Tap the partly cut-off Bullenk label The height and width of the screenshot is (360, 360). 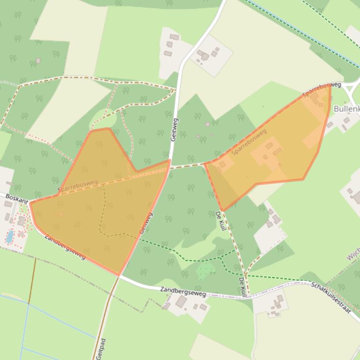(346, 109)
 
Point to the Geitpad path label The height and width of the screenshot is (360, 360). (100, 348)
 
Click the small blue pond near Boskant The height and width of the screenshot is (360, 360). (9, 237)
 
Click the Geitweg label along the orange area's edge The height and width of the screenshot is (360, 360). (146, 223)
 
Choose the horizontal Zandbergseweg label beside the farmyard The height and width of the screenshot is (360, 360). (183, 291)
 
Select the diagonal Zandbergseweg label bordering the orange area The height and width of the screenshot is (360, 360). (65, 246)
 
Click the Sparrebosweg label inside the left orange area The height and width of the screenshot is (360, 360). (78, 186)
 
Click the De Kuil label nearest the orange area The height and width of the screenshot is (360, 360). (220, 221)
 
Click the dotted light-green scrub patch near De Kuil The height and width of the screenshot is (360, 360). (205, 270)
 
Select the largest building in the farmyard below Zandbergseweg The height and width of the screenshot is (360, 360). (181, 302)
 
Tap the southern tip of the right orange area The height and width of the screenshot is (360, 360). (223, 210)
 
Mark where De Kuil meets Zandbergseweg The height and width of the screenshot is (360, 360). (247, 296)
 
